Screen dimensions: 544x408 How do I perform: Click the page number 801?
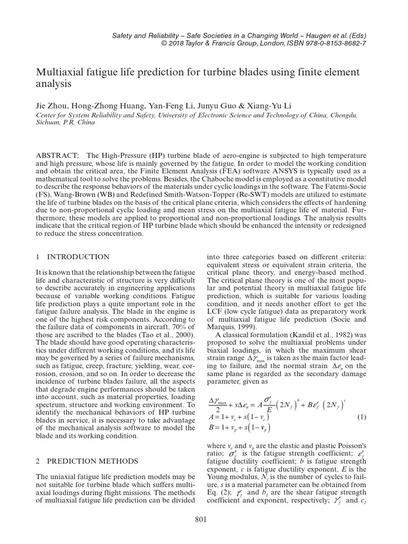(201, 519)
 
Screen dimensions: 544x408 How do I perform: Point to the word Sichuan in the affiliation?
(48, 122)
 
